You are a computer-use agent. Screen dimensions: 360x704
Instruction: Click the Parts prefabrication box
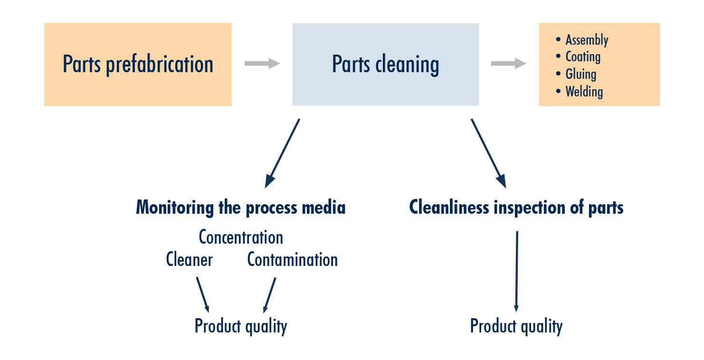[138, 65]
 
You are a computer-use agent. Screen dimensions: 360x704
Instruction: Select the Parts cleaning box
[385, 65]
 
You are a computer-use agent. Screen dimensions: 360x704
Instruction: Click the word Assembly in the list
[587, 40]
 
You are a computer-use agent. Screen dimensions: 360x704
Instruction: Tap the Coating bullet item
[583, 57]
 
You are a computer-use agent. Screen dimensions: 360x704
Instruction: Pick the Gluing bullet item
[580, 74]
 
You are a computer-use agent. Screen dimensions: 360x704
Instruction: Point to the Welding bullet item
[584, 91]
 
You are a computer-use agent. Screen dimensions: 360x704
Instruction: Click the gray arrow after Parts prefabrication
[262, 64]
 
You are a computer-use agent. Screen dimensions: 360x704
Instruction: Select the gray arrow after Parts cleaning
[508, 64]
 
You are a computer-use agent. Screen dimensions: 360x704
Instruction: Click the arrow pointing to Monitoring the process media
[283, 152]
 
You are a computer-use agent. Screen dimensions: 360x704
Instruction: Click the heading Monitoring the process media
[241, 208]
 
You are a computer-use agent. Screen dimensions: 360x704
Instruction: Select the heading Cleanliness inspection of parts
[516, 208]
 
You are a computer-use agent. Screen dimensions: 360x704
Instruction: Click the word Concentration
[241, 237]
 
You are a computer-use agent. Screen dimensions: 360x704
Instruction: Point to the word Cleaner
[189, 259]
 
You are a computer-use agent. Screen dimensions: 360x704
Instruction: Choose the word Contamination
[293, 259]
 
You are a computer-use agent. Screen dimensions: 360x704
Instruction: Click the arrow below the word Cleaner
[203, 294]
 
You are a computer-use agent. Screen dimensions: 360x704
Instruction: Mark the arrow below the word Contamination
[269, 294]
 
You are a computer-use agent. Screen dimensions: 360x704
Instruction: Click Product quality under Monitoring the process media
[241, 326]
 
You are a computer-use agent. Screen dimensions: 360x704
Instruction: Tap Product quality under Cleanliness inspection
[516, 326]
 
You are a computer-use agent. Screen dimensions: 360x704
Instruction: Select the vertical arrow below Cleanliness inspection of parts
[516, 271]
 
